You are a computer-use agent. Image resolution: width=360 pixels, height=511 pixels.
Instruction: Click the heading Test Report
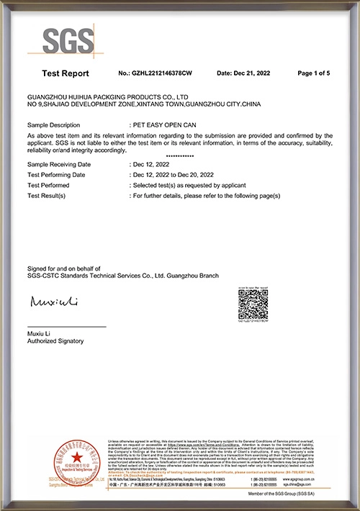(x=66, y=73)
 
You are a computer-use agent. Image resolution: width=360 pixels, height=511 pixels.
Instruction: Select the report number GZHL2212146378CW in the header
(x=155, y=73)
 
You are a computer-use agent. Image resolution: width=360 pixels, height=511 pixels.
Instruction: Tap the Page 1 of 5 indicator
(x=313, y=73)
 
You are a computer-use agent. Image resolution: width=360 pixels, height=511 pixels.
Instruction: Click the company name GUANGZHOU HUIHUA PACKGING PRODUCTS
(x=107, y=96)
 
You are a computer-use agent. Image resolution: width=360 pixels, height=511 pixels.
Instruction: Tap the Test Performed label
(x=51, y=185)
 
